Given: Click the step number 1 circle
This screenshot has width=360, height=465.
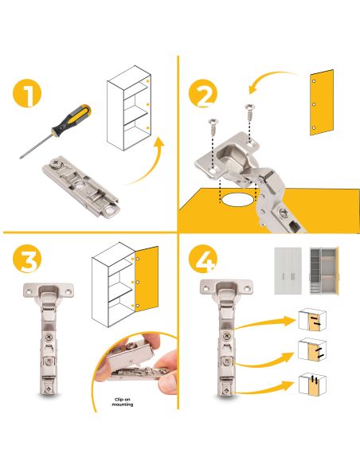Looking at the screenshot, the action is coord(27,93).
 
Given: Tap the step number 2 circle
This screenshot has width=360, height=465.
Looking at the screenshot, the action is coord(203,93).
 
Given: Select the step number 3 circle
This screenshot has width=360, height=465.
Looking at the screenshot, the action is coord(27,258).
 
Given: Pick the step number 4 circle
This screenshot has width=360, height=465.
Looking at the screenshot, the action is coord(203,258).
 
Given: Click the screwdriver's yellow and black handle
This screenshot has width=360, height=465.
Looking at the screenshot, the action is coord(72,119).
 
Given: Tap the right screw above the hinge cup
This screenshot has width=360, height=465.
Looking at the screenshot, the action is coord(250,112).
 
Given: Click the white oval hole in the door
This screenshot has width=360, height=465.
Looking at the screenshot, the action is coord(237,199).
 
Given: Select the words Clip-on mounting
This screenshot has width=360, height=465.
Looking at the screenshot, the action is coord(123,402).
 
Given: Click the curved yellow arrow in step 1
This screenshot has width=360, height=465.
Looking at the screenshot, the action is coord(144,163).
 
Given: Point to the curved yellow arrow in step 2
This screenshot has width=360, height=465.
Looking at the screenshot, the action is coord(272,81).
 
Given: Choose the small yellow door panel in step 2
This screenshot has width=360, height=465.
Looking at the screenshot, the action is coord(322,103).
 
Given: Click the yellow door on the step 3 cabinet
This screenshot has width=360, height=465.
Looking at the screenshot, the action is coord(147,279).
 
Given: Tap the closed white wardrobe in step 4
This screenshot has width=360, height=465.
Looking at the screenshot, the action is coord(288,271).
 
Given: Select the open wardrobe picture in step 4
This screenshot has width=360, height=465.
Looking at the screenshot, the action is coord(324,271).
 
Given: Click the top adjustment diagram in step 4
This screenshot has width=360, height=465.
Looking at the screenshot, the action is coord(312,320).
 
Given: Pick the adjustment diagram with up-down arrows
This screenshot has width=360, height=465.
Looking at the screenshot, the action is coord(312,385).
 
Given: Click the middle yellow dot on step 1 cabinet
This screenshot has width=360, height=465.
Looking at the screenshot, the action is coord(147,104).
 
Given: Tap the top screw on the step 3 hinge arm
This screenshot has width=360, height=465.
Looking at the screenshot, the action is coord(49,337).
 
